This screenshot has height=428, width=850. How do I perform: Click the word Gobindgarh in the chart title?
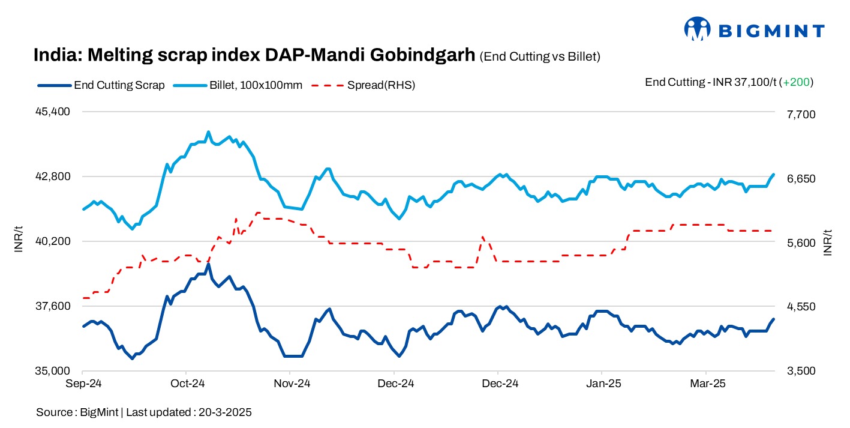click(x=422, y=55)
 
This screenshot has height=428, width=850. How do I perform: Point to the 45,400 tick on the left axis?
click(x=55, y=112)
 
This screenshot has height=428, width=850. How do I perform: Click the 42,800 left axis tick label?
click(x=55, y=176)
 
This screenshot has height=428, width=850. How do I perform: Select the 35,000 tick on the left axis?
click(x=55, y=371)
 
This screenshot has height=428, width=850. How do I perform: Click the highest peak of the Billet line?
click(x=208, y=132)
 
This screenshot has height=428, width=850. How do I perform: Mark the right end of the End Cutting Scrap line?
click(x=773, y=319)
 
